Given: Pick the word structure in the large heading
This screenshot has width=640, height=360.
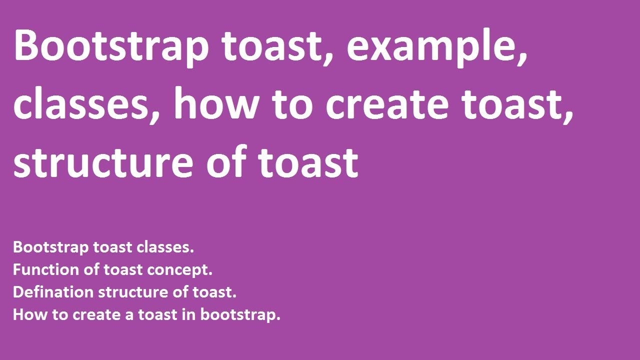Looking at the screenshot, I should [x=102, y=162].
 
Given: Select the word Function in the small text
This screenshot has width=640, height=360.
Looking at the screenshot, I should [x=45, y=270].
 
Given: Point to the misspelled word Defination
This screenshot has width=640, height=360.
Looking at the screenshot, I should [x=53, y=292].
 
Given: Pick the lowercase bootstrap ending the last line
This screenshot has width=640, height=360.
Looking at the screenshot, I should [x=240, y=315].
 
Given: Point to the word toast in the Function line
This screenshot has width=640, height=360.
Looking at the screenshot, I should [x=122, y=270].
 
